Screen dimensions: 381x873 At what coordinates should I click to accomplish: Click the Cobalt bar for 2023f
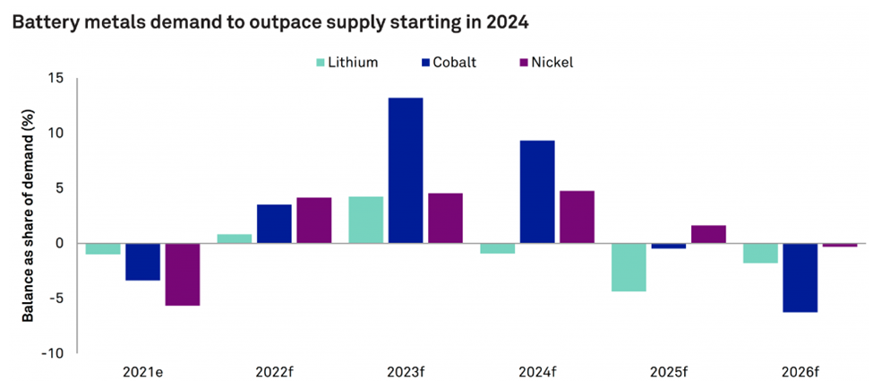click(405, 170)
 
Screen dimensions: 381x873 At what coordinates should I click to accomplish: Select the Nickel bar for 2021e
click(183, 274)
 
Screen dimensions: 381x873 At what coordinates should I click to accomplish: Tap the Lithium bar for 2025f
click(629, 267)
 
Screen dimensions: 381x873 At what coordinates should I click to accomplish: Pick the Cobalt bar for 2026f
click(800, 278)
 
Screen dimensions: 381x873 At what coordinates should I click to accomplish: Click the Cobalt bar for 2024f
click(537, 192)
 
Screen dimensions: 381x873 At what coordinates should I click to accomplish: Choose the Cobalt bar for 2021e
click(142, 262)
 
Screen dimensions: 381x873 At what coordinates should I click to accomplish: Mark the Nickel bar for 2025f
click(708, 234)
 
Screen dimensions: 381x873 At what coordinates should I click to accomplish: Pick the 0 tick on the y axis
click(60, 243)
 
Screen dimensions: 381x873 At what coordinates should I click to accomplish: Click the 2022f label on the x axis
click(273, 368)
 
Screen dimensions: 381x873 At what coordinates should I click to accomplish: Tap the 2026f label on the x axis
click(800, 368)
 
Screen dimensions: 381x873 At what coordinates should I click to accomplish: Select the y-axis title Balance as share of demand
click(29, 215)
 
